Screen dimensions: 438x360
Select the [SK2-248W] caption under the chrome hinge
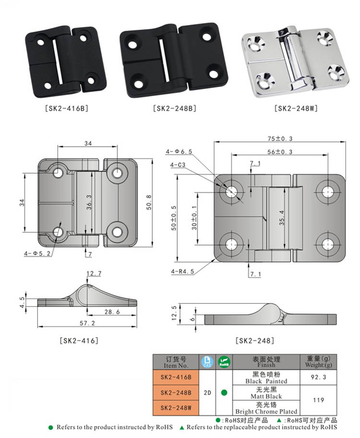tap(296, 108)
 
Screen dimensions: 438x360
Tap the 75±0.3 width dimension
tap(280, 139)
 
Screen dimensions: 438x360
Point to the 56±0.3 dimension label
tap(280, 152)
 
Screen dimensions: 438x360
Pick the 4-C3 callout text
tap(179, 165)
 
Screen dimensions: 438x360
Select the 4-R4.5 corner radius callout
tap(183, 271)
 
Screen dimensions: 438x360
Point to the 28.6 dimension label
tap(112, 312)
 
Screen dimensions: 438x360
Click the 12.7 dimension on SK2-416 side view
tap(94, 274)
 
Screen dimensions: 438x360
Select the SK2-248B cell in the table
tap(176, 392)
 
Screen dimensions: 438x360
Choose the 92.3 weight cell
tap(318, 377)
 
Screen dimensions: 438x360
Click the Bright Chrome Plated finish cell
tap(266, 408)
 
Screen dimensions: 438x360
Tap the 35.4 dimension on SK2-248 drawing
tap(281, 217)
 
